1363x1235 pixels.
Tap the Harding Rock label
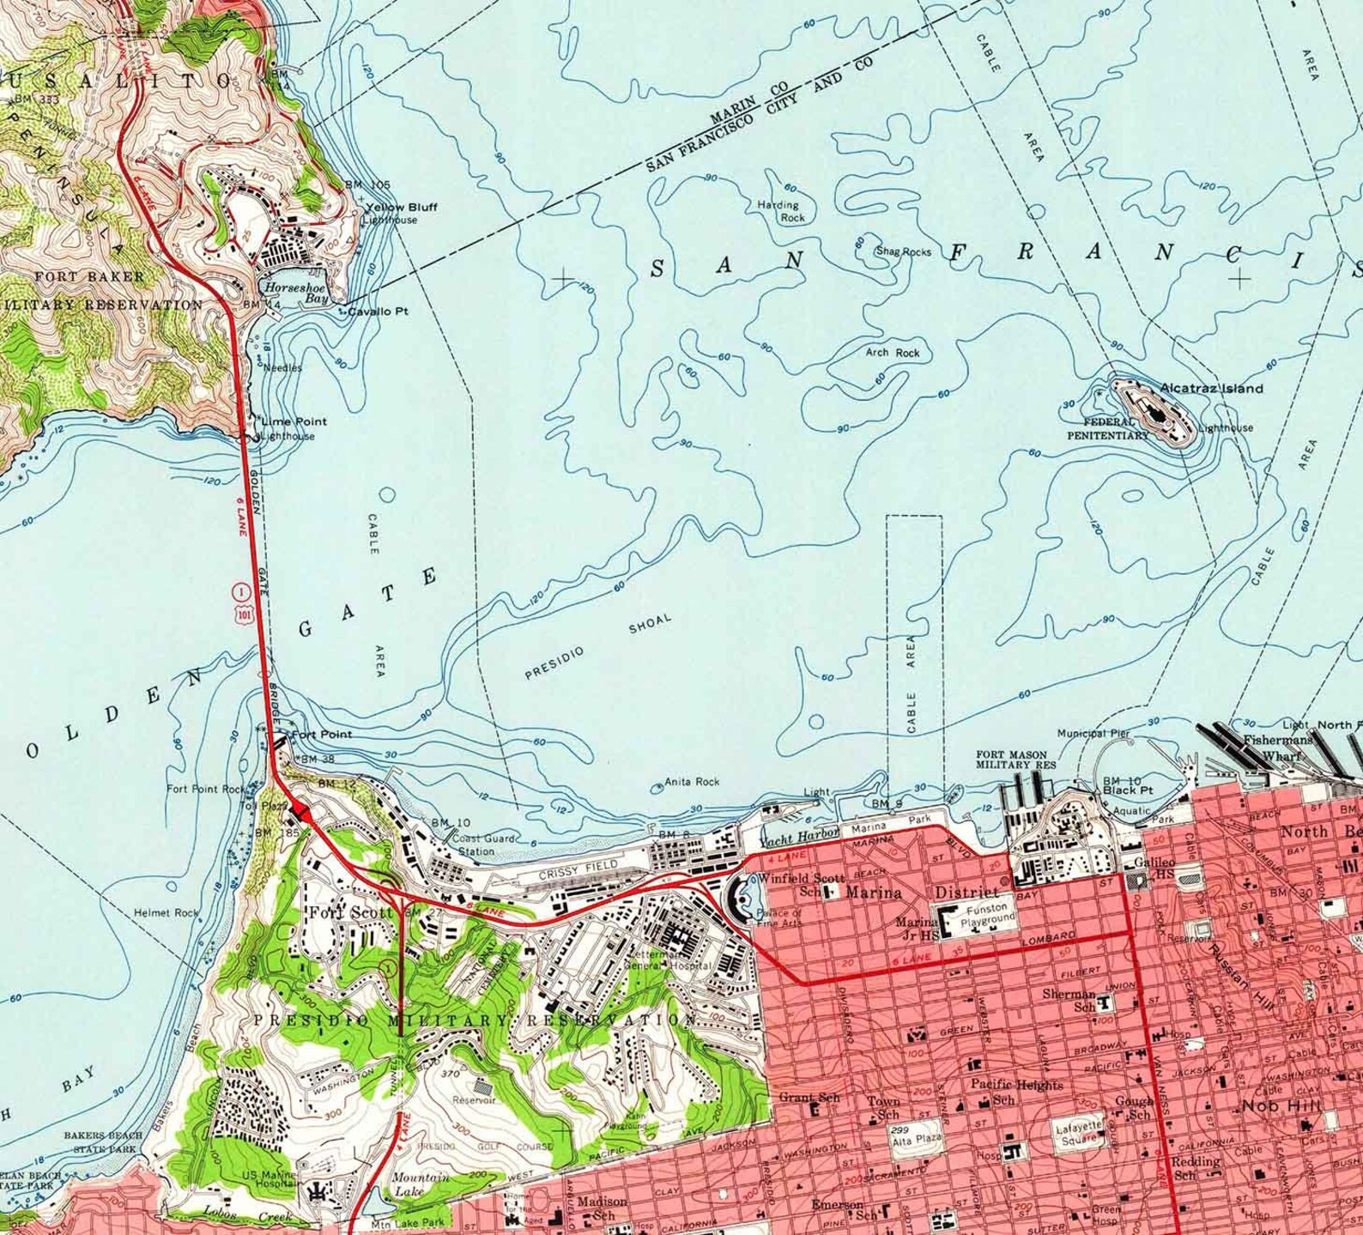pyautogui.click(x=779, y=212)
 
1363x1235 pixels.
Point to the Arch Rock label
pyautogui.click(x=892, y=353)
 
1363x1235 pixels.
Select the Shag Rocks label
pyautogui.click(x=902, y=252)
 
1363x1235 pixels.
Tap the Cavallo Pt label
pyautogui.click(x=378, y=312)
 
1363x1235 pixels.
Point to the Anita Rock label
pyautogui.click(x=693, y=782)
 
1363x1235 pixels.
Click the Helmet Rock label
pyautogui.click(x=166, y=913)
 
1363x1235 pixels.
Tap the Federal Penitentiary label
pyautogui.click(x=1106, y=429)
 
